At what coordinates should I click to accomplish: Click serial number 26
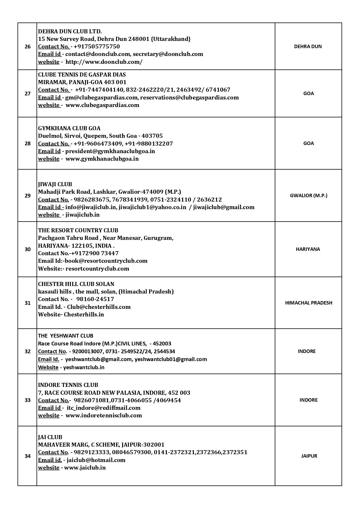pyautogui.click(x=28, y=46)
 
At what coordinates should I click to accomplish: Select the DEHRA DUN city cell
pyautogui.click(x=308, y=46)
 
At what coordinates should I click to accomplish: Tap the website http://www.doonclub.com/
pyautogui.click(x=104, y=62)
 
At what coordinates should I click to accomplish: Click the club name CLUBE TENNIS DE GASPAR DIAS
pyautogui.click(x=82, y=75)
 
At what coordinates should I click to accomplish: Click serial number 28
pyautogui.click(x=28, y=143)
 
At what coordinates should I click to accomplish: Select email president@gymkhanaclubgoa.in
pyautogui.click(x=110, y=151)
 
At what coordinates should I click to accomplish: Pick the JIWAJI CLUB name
pyautogui.click(x=55, y=184)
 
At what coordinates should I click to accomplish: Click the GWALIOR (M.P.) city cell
pyautogui.click(x=308, y=195)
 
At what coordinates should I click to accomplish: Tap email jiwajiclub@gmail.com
pyautogui.click(x=224, y=207)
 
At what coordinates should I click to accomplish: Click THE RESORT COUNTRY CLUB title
pyautogui.click(x=78, y=230)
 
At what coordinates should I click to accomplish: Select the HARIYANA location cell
pyautogui.click(x=308, y=249)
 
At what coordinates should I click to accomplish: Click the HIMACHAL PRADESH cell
pyautogui.click(x=308, y=303)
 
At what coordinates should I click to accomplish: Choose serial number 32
pyautogui.click(x=28, y=352)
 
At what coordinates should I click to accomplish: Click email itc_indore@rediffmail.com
pyautogui.click(x=104, y=408)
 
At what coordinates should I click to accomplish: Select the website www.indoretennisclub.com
pyautogui.click(x=104, y=415)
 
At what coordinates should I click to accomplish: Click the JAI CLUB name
pyautogui.click(x=50, y=437)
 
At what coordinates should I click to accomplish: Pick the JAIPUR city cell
pyautogui.click(x=309, y=456)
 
